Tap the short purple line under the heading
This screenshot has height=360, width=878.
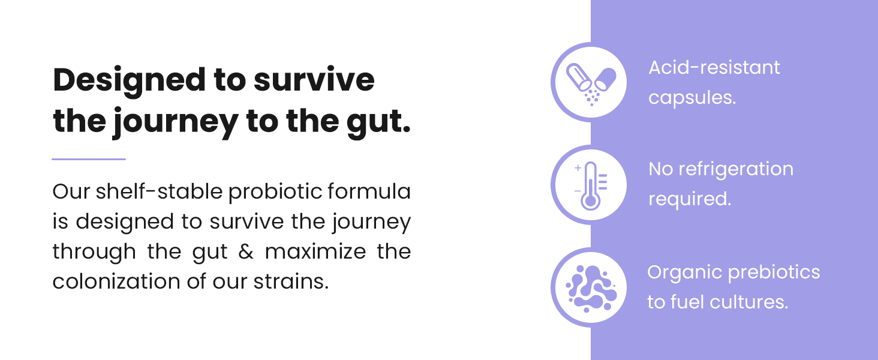89,159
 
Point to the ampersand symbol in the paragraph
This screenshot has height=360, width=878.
246,252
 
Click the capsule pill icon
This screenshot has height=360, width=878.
588,82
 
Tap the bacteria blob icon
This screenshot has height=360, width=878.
588,287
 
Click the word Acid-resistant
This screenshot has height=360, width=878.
714,67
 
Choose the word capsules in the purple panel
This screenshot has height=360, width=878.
692,97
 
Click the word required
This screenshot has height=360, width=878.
690,199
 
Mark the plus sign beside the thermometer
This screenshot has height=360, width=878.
578,168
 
